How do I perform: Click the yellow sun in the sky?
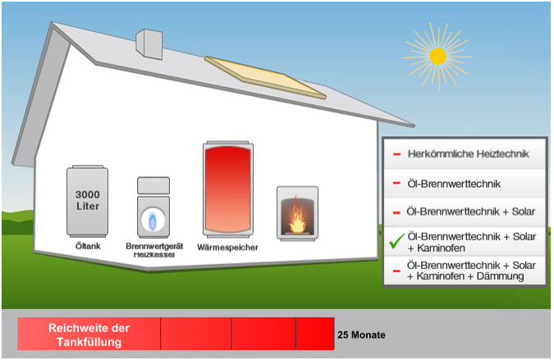(437, 57)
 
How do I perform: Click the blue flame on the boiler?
(153, 220)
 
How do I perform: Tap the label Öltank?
(87, 246)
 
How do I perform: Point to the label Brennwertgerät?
(153, 246)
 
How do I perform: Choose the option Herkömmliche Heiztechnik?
(468, 153)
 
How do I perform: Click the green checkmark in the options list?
(396, 242)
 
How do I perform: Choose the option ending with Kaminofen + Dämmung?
(471, 271)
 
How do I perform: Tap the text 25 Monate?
(361, 335)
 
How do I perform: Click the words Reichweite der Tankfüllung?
(89, 335)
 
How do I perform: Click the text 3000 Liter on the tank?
(88, 200)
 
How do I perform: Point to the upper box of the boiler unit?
(153, 185)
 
